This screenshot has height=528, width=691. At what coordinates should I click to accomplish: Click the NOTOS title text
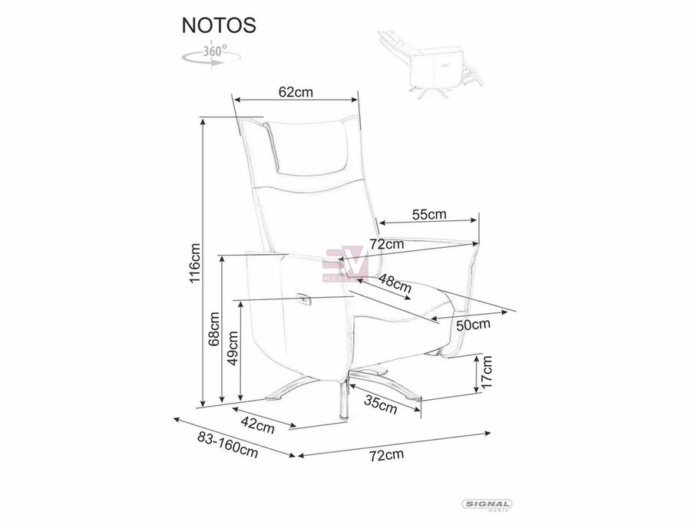pyautogui.click(x=219, y=25)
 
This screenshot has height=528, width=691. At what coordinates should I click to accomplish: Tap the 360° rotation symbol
pyautogui.click(x=212, y=54)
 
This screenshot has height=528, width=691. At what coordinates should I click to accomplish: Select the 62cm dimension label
pyautogui.click(x=296, y=91)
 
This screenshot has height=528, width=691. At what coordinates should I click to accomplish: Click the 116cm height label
pyautogui.click(x=194, y=263)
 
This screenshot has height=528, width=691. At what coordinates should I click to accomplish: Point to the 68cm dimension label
pyautogui.click(x=214, y=328)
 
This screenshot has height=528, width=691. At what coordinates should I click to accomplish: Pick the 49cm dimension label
pyautogui.click(x=233, y=348)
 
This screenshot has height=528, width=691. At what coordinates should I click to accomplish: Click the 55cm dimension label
pyautogui.click(x=429, y=214)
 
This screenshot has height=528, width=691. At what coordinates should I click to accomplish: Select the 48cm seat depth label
pyautogui.click(x=395, y=284)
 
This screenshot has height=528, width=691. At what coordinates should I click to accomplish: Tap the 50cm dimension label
pyautogui.click(x=473, y=325)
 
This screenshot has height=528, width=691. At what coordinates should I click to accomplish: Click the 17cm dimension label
pyautogui.click(x=486, y=371)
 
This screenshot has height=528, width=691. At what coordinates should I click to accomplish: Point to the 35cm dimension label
pyautogui.click(x=381, y=404)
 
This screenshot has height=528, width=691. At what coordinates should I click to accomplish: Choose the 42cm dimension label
pyautogui.click(x=257, y=424)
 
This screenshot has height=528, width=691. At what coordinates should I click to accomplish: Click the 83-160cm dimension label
pyautogui.click(x=227, y=444)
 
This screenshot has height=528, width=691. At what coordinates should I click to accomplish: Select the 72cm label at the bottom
pyautogui.click(x=386, y=454)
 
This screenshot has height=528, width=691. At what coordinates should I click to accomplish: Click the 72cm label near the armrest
pyautogui.click(x=386, y=243)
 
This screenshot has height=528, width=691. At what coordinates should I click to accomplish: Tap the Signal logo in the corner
pyautogui.click(x=487, y=505)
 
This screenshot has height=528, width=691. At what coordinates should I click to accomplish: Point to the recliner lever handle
pyautogui.click(x=304, y=299)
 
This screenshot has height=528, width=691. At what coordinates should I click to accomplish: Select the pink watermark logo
pyautogui.click(x=346, y=263)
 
